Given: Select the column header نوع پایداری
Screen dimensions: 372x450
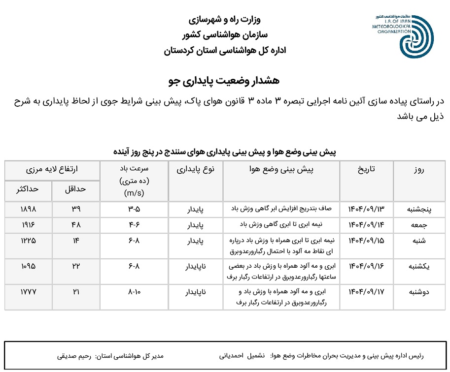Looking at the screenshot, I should tap(196, 169).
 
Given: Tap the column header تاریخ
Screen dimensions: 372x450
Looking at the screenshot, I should tap(366, 169).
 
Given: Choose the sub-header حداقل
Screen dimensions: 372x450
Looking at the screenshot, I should tap(76, 189).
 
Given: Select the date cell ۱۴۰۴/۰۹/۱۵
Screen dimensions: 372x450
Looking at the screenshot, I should tap(366, 241).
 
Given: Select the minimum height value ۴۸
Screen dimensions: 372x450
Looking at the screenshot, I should tap(76, 224).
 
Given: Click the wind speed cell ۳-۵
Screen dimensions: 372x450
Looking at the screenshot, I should tap(134, 209).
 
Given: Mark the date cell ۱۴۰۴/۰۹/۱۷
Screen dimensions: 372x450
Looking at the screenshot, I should tap(366, 292).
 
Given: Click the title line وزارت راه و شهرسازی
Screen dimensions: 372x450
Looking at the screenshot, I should tap(225, 21).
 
